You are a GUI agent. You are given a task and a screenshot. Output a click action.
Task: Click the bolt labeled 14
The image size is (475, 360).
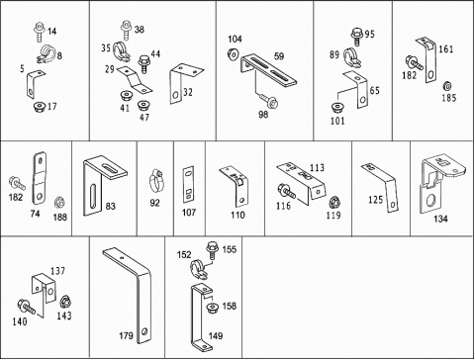pyautogui.click(x=39, y=32)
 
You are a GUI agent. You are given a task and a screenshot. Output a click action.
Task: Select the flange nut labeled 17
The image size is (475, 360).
pyautogui.click(x=40, y=107)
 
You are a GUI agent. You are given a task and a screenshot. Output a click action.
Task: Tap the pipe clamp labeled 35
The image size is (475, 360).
pyautogui.click(x=120, y=51)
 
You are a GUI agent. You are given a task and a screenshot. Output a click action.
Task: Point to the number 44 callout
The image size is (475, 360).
pyautogui.click(x=155, y=53)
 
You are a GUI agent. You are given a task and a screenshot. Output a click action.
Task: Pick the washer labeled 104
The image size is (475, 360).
pyautogui.click(x=234, y=53)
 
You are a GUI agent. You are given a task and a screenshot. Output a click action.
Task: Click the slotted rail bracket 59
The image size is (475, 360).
pyautogui.click(x=267, y=70)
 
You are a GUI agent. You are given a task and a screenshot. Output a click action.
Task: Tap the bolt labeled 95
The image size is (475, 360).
pyautogui.click(x=356, y=36)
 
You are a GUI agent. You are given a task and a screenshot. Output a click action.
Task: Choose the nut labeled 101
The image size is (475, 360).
pyautogui.click(x=336, y=108)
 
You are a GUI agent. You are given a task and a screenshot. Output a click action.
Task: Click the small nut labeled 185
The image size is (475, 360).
pyautogui.click(x=447, y=86)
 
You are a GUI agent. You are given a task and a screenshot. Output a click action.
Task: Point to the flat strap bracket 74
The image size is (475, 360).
pyautogui.click(x=40, y=178)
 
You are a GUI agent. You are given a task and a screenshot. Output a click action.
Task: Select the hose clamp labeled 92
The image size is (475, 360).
pyautogui.click(x=156, y=180)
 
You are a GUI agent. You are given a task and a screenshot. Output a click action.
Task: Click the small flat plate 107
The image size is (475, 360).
pyautogui.click(x=188, y=185)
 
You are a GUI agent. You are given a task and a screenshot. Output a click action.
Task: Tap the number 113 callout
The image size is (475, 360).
pyautogui.click(x=317, y=167)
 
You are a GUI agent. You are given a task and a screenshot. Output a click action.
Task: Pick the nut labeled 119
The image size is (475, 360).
pyautogui.click(x=334, y=202)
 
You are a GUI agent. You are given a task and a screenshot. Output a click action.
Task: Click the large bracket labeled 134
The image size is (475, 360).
pyautogui.click(x=440, y=184)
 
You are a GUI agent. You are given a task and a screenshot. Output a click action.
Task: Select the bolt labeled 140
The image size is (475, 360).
pyautogui.click(x=27, y=307)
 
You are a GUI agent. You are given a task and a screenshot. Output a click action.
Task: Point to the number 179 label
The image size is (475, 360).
pyautogui.click(x=126, y=335)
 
